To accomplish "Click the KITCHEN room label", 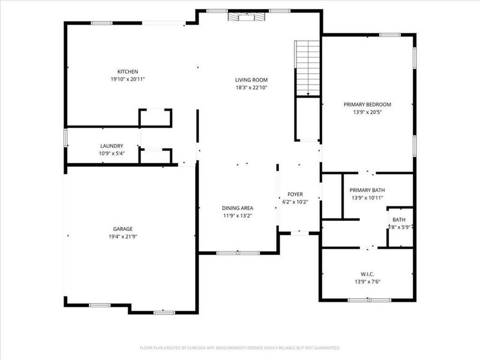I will pyautogui.click(x=128, y=71).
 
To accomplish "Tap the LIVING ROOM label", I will pyautogui.click(x=251, y=80).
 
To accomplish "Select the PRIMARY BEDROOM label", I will pyautogui.click(x=367, y=104).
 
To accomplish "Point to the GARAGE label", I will pyautogui.click(x=123, y=229).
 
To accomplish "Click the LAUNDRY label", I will pyautogui.click(x=112, y=146).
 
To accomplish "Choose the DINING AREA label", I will pyautogui.click(x=238, y=208).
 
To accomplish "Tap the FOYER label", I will pyautogui.click(x=295, y=194).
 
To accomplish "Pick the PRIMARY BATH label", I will pyautogui.click(x=367, y=190).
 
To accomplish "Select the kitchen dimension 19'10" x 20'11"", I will pyautogui.click(x=128, y=79).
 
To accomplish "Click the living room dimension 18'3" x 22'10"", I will pyautogui.click(x=251, y=88).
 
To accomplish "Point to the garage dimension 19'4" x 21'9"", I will pyautogui.click(x=123, y=236).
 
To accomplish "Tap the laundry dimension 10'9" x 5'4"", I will pyautogui.click(x=112, y=154).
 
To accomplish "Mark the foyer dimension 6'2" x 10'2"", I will pyautogui.click(x=295, y=202).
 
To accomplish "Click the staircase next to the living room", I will pyautogui.click(x=308, y=68).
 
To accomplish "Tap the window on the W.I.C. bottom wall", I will pyautogui.click(x=369, y=299).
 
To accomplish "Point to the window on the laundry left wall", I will pyautogui.click(x=65, y=137).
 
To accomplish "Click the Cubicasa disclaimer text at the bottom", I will pyautogui.click(x=240, y=347).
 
